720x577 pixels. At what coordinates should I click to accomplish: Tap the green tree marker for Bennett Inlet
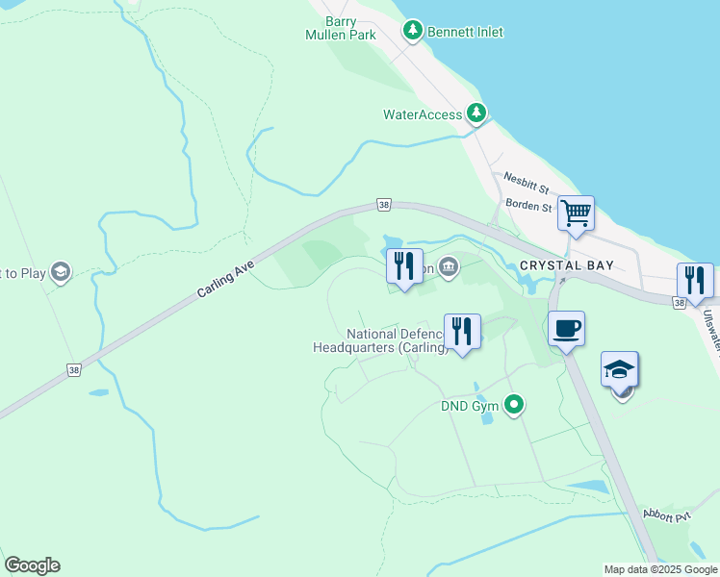click(413, 32)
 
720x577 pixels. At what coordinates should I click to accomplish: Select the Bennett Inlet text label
click(466, 32)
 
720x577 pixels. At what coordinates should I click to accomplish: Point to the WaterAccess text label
click(423, 114)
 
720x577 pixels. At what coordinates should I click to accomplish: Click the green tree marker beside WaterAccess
click(476, 113)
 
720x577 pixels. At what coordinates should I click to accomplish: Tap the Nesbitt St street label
click(526, 180)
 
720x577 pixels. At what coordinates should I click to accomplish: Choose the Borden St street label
click(527, 206)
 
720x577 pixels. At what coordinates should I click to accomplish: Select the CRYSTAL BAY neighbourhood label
click(566, 264)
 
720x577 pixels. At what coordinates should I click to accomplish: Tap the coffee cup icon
click(567, 328)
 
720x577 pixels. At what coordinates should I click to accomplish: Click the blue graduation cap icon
click(620, 369)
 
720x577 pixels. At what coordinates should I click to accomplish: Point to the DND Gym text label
click(470, 406)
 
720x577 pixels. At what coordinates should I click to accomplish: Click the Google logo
click(32, 565)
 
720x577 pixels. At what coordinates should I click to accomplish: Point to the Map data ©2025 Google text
click(660, 569)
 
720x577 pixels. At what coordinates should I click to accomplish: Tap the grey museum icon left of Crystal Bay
click(449, 267)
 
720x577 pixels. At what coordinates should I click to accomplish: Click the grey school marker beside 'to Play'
click(61, 272)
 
